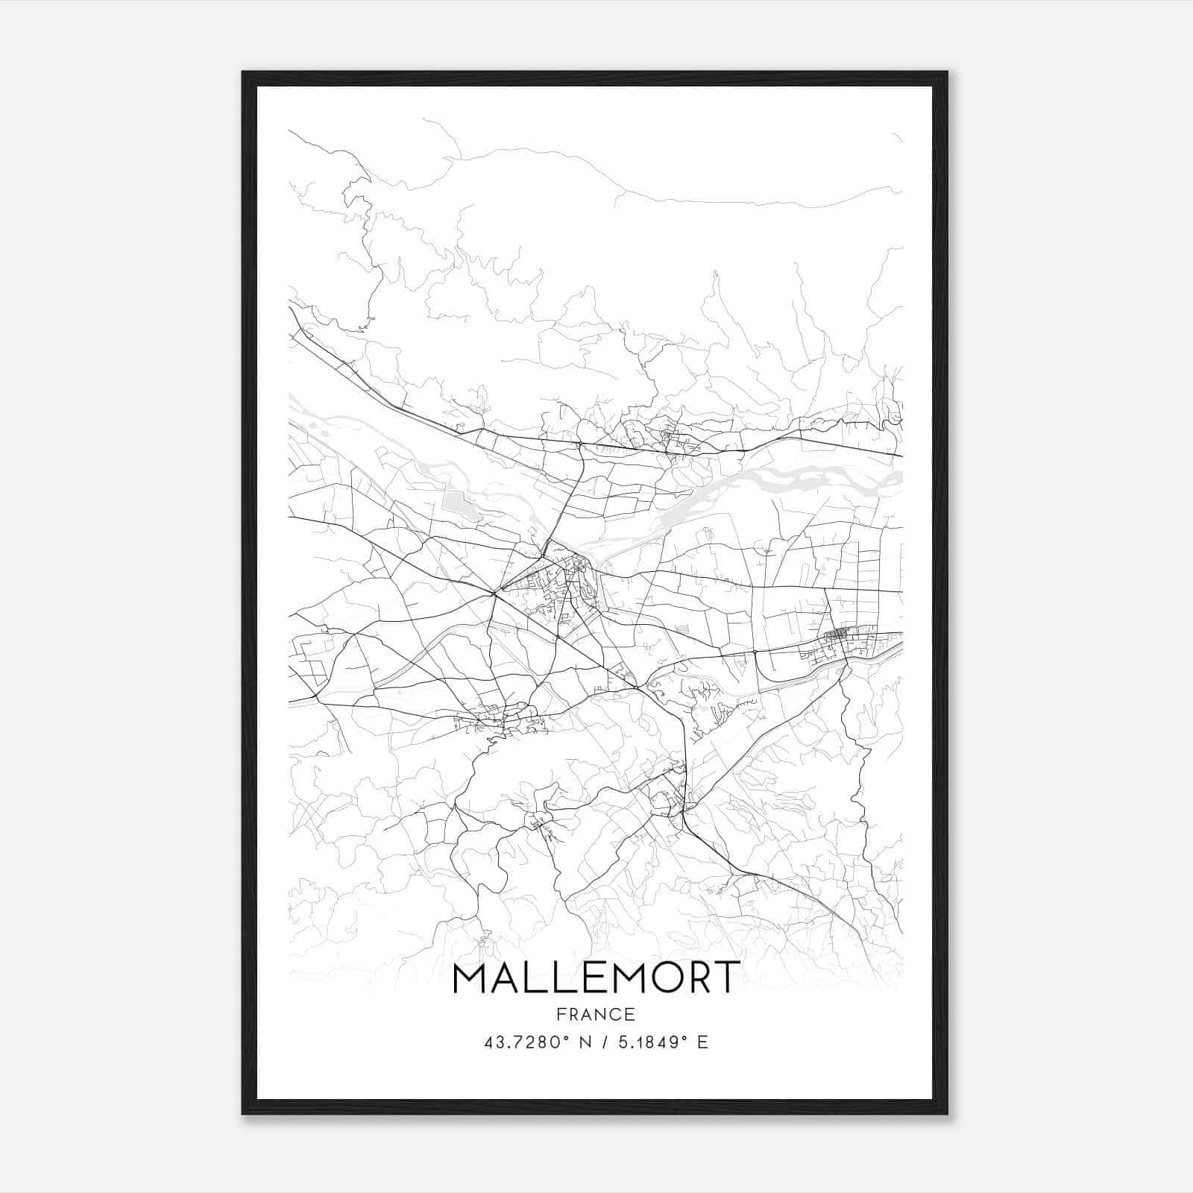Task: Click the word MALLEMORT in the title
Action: (x=596, y=978)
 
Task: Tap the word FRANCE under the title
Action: (x=596, y=1014)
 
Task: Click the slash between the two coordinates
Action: (x=605, y=1042)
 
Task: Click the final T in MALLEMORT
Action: (x=726, y=978)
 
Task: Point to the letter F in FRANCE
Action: (x=561, y=1014)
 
